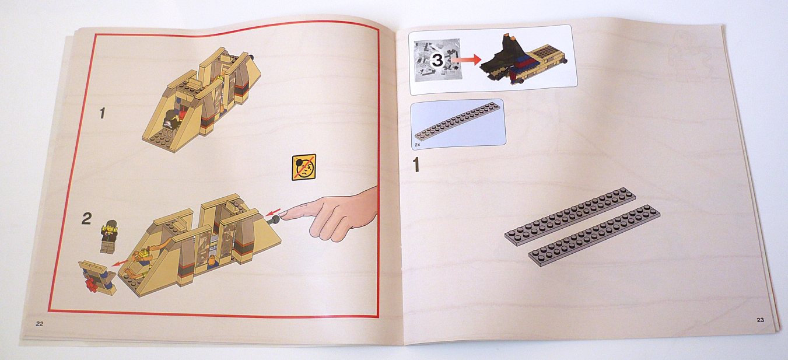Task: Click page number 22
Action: click(x=40, y=324)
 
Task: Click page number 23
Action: click(x=760, y=320)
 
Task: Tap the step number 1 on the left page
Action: click(x=103, y=113)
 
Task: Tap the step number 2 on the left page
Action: click(x=86, y=219)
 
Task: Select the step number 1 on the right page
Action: click(x=416, y=165)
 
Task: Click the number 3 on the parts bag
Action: click(x=437, y=60)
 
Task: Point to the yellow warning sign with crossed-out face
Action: click(x=303, y=167)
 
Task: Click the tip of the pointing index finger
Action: click(x=284, y=214)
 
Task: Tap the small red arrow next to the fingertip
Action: click(x=273, y=212)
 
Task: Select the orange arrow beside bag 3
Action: click(x=466, y=60)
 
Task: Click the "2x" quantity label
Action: click(x=418, y=145)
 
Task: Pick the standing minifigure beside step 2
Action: click(x=108, y=236)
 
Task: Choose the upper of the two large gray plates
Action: click(x=570, y=216)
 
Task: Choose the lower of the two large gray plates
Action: click(x=594, y=235)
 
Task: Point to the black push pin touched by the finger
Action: click(x=274, y=221)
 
